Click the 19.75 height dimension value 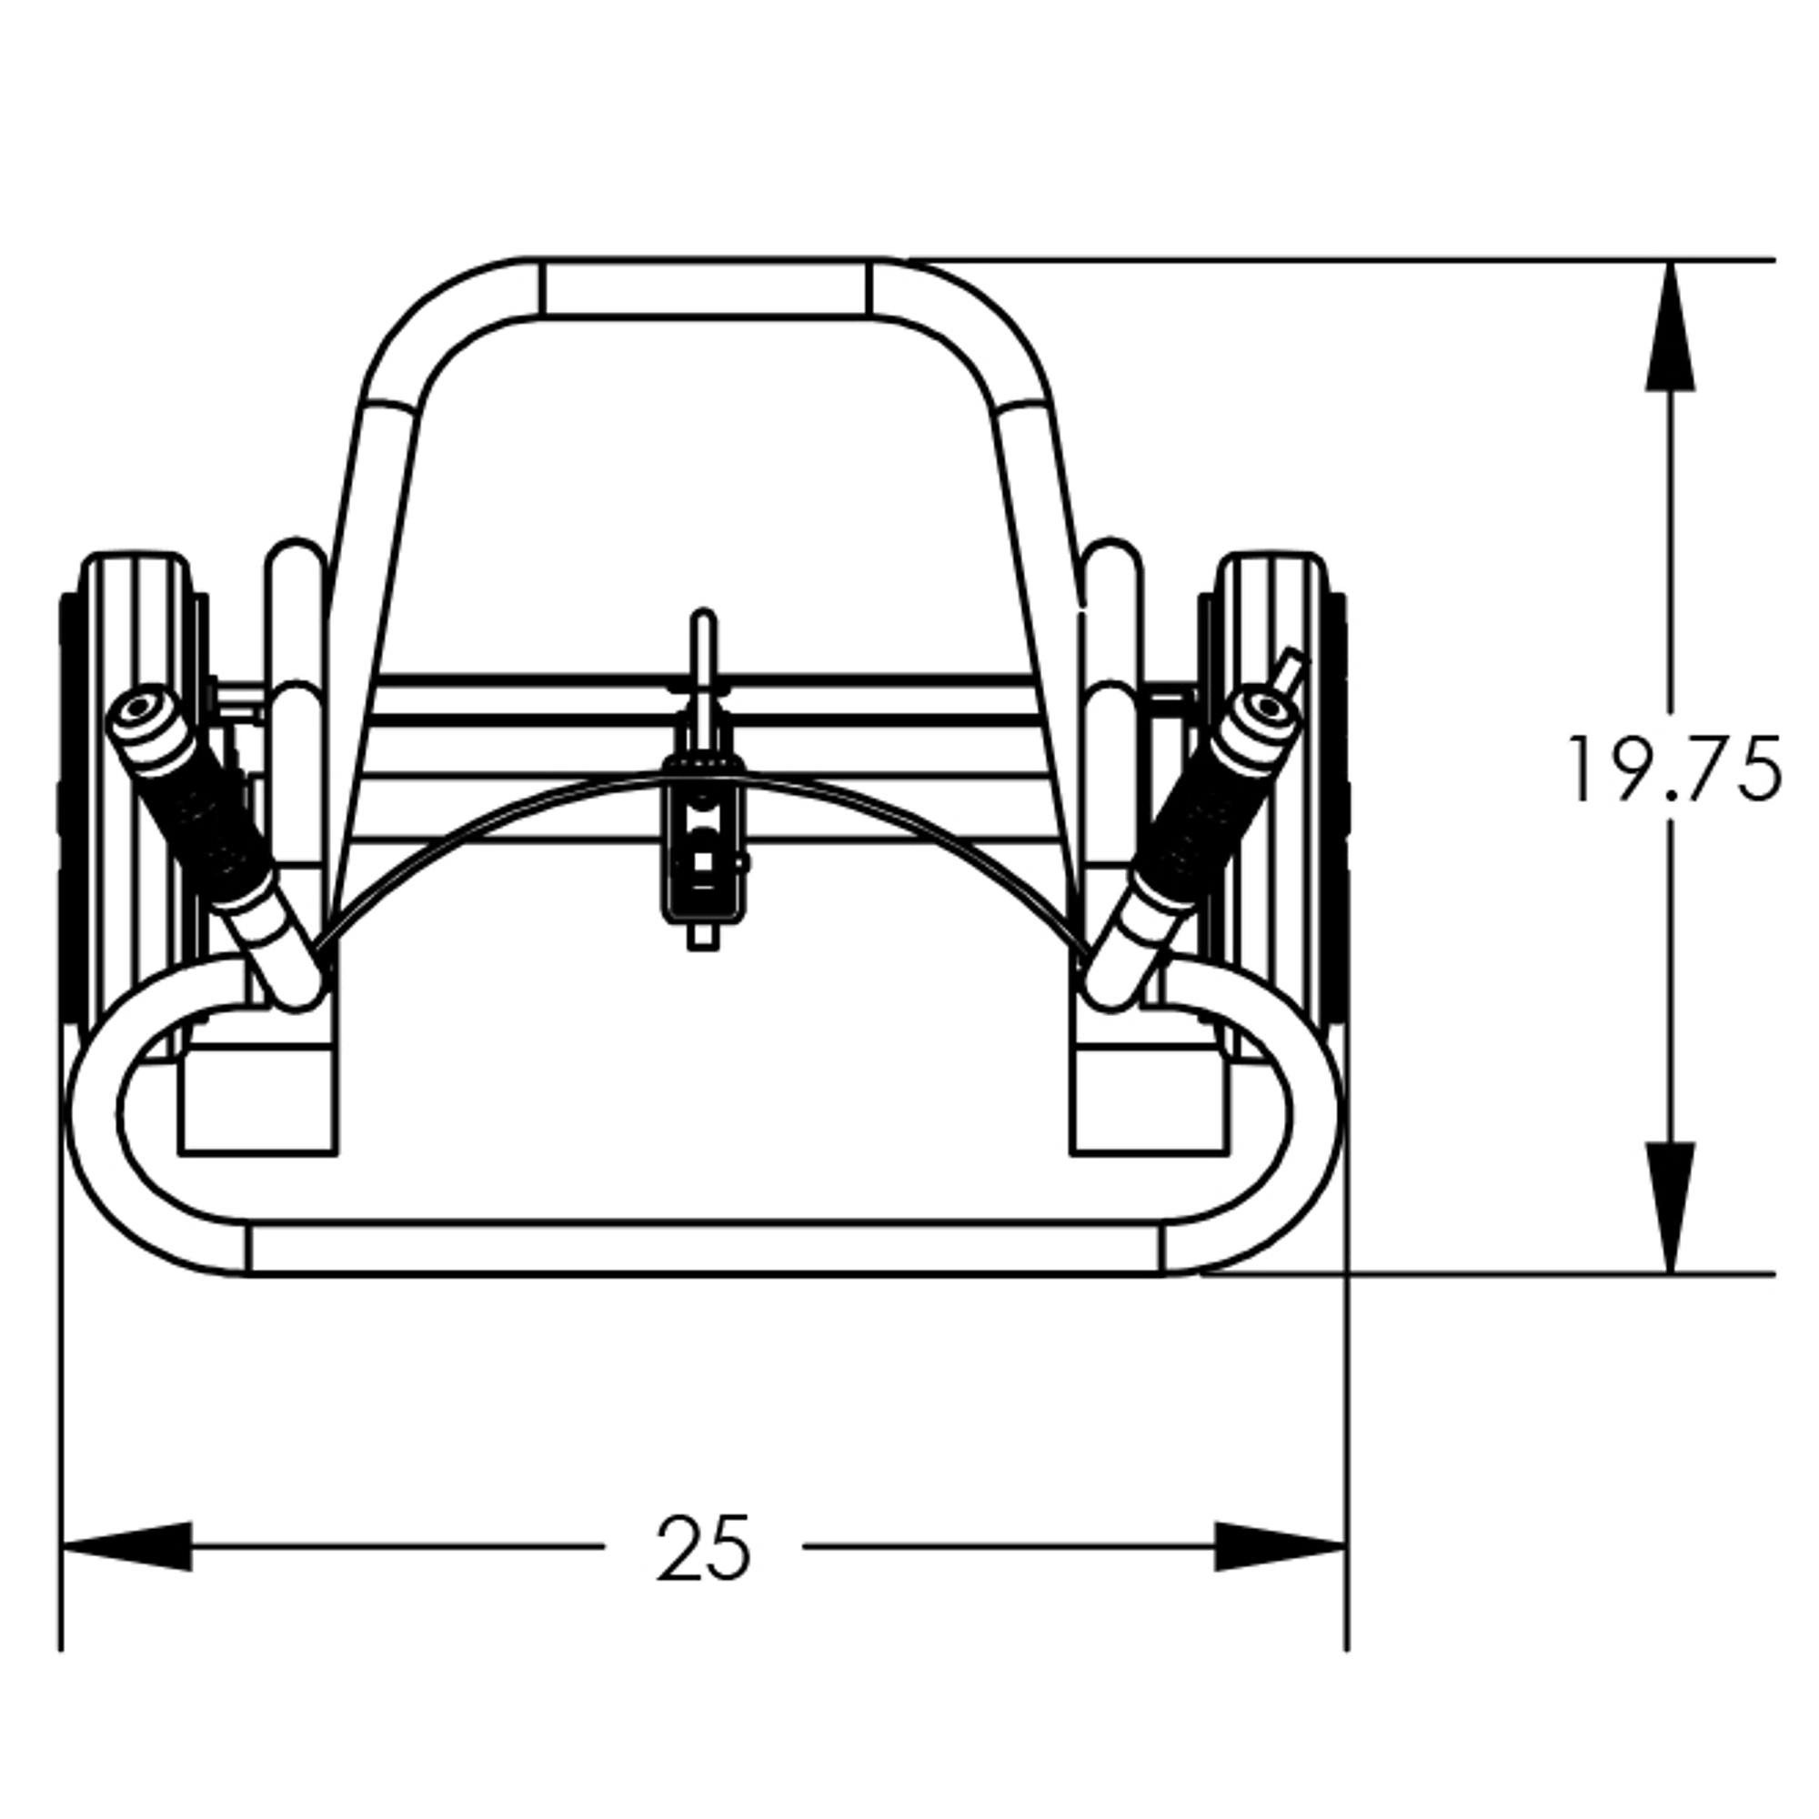point(1674,769)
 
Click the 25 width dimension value point(704,1547)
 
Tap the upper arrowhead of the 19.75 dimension point(1670,326)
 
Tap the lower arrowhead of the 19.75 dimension point(1670,1209)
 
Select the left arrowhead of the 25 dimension point(127,1546)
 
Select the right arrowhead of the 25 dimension point(1281,1546)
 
